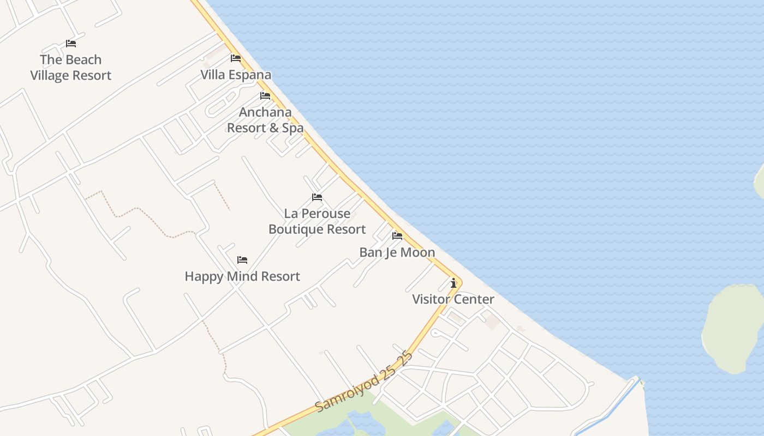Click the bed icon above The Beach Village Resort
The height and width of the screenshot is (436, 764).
(71, 44)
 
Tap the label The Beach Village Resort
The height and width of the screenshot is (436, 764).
(71, 68)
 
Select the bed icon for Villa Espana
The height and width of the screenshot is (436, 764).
(236, 58)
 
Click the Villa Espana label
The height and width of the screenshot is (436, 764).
(236, 75)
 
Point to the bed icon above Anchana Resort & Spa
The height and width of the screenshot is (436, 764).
(265, 96)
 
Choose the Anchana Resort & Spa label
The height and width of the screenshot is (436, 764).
(265, 120)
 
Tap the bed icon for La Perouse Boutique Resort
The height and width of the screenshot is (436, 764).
(317, 197)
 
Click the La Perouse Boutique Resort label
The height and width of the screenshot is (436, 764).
(317, 221)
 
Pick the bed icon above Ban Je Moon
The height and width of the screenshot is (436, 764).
(397, 236)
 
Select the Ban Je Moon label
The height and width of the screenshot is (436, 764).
(397, 252)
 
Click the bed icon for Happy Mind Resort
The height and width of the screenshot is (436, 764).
(242, 260)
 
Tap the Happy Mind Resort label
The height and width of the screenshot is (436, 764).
(242, 276)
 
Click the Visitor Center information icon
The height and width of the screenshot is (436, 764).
(453, 283)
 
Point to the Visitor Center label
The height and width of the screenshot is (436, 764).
(453, 299)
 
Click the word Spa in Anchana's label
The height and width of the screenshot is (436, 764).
(293, 128)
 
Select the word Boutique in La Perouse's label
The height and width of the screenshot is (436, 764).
(296, 229)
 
